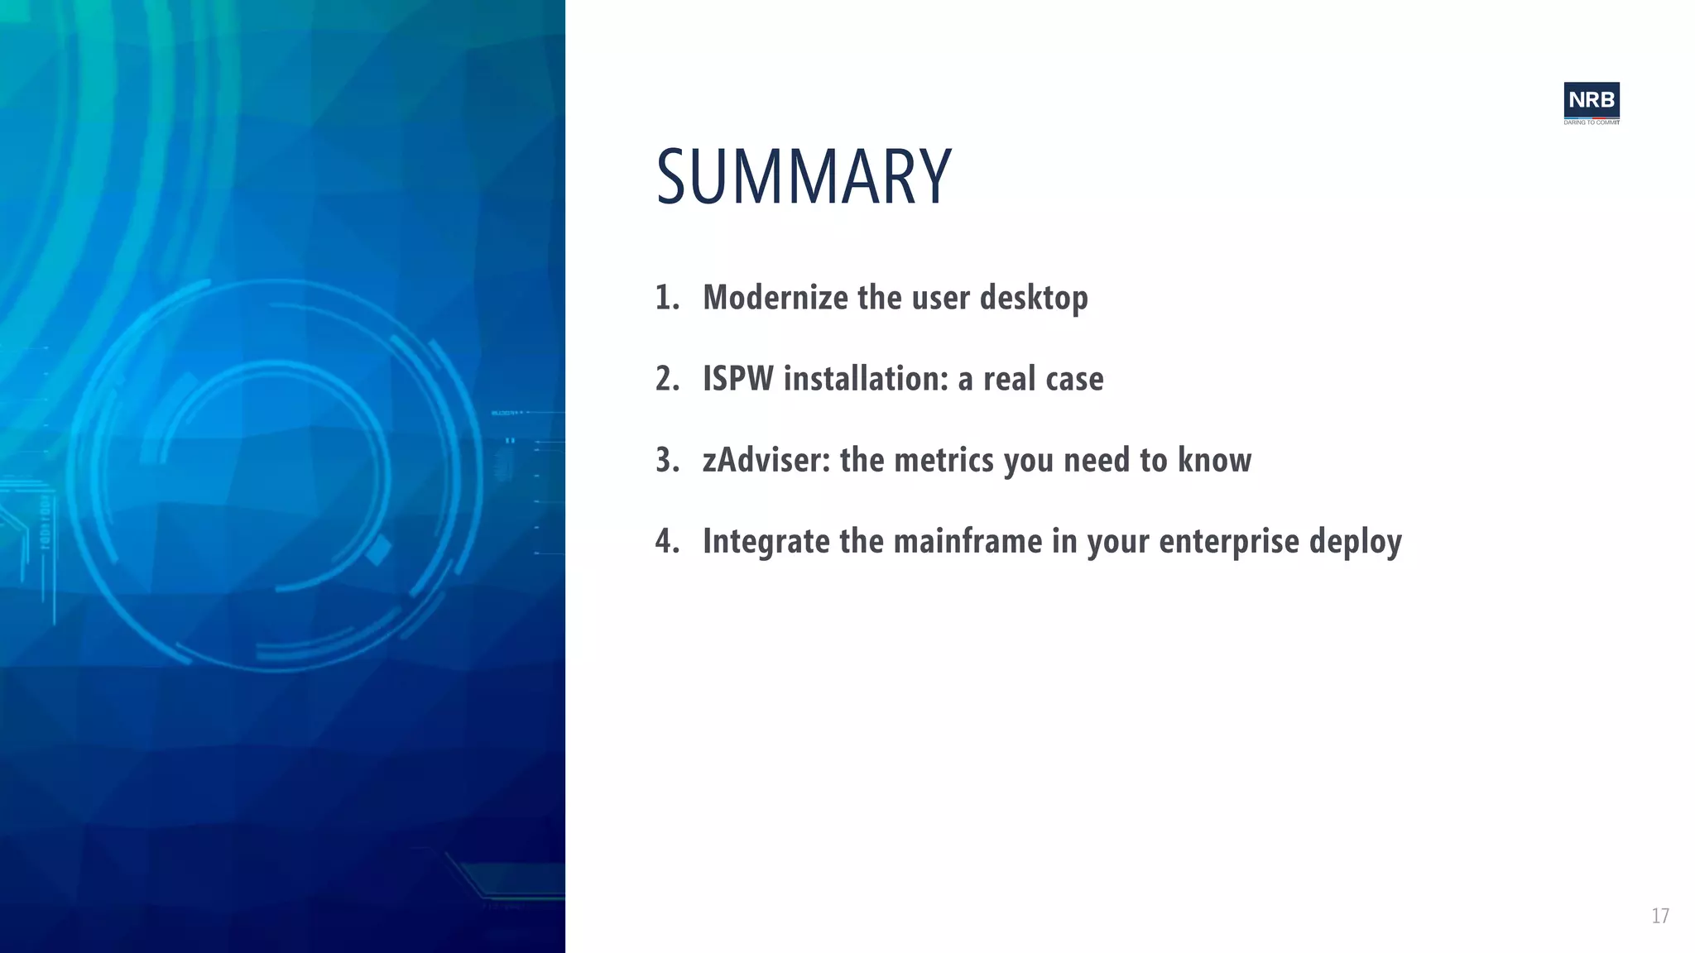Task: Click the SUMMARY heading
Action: tap(803, 177)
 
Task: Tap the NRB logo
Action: tap(1591, 100)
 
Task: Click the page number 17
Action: tap(1659, 916)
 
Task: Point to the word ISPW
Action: tap(737, 379)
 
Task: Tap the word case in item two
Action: tap(1074, 379)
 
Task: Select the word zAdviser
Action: tap(766, 460)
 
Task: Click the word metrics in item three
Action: tap(944, 460)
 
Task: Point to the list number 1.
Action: tap(666, 298)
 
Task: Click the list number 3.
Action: tap(666, 460)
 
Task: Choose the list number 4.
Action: tap(666, 541)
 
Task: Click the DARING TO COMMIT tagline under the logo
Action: tap(1591, 122)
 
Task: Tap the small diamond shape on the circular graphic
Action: tap(378, 550)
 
